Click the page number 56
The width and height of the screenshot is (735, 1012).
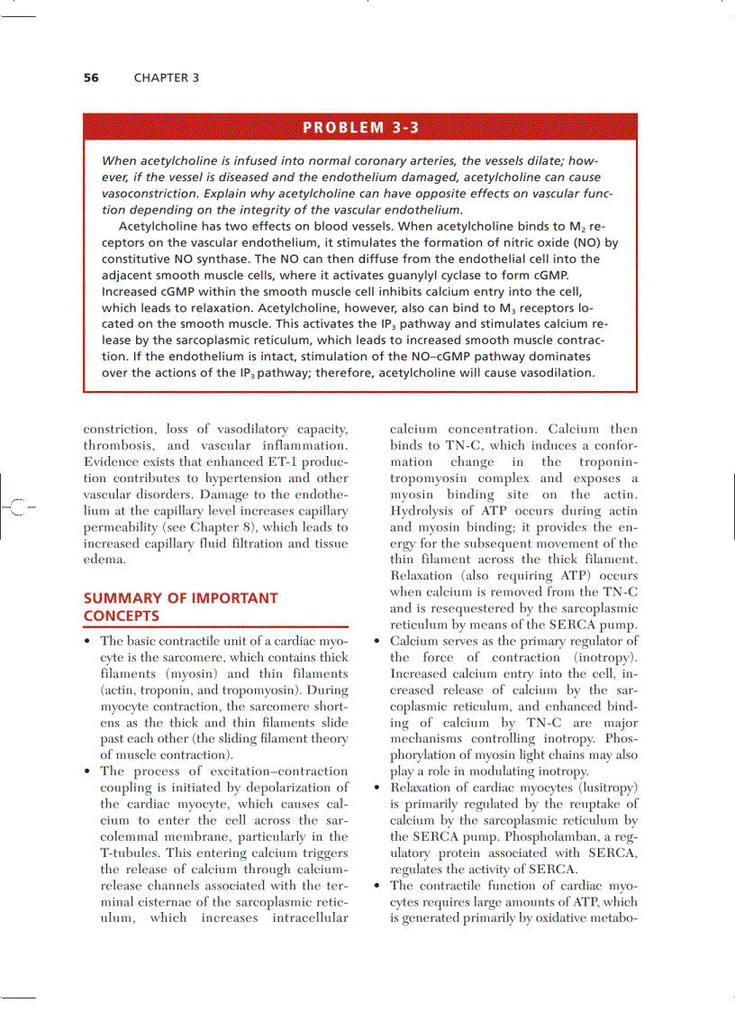click(x=91, y=77)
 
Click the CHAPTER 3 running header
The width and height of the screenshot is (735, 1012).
click(x=167, y=77)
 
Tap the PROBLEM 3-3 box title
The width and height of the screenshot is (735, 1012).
click(x=360, y=127)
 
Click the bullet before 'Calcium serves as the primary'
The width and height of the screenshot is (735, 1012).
click(x=375, y=642)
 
